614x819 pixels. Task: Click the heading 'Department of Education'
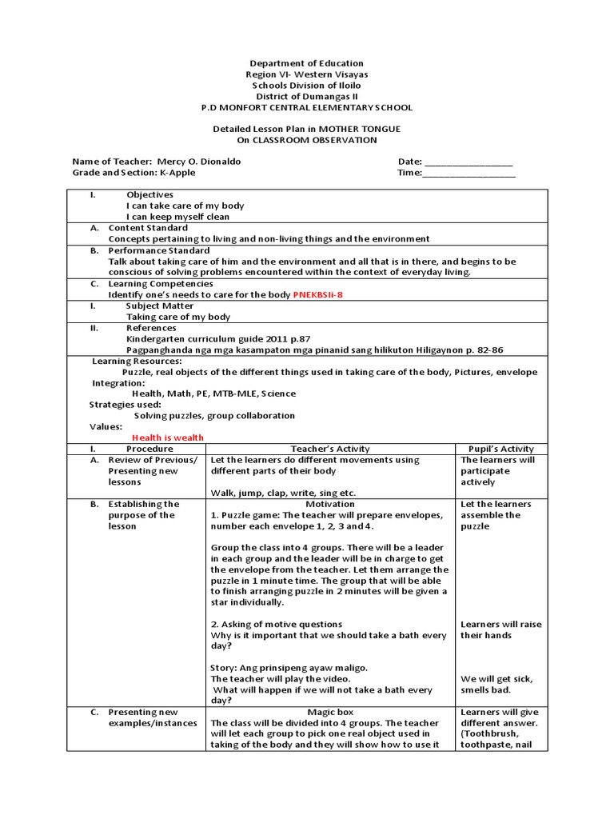(307, 63)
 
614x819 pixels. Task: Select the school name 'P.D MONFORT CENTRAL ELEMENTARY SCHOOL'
(307, 108)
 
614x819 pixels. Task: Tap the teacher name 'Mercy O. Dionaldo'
(199, 162)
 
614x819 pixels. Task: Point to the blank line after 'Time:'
(468, 173)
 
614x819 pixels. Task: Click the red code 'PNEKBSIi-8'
(321, 295)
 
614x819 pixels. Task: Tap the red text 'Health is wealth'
(168, 437)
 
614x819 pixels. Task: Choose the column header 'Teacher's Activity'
(330, 449)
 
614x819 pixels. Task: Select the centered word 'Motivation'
(330, 505)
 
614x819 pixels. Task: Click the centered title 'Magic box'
(330, 712)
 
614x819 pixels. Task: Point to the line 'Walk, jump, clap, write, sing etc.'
(283, 493)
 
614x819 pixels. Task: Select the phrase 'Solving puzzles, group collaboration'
(214, 416)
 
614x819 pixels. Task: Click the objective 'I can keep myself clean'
(177, 217)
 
